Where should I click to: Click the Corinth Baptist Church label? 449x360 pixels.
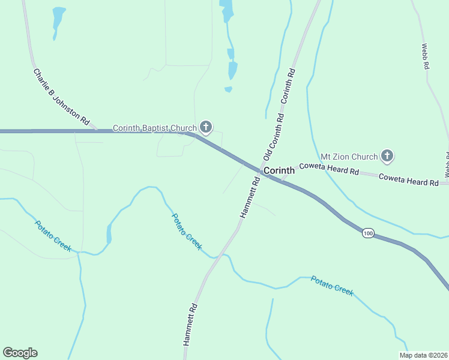(x=155, y=128)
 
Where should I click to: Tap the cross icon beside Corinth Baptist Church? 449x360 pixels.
(x=206, y=127)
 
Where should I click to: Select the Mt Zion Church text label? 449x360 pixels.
(x=349, y=157)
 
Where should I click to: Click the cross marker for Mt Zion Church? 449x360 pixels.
(x=388, y=157)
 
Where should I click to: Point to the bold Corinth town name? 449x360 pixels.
(x=279, y=170)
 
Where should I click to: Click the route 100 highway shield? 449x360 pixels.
(x=368, y=233)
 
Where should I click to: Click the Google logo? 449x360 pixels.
(x=20, y=353)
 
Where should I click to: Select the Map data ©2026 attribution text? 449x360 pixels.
(x=423, y=355)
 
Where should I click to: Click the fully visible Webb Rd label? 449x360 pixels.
(x=425, y=56)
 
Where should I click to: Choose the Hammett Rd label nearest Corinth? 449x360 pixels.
(x=250, y=197)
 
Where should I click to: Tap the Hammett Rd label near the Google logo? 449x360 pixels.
(x=191, y=324)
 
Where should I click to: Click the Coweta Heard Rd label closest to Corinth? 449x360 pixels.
(x=329, y=168)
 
